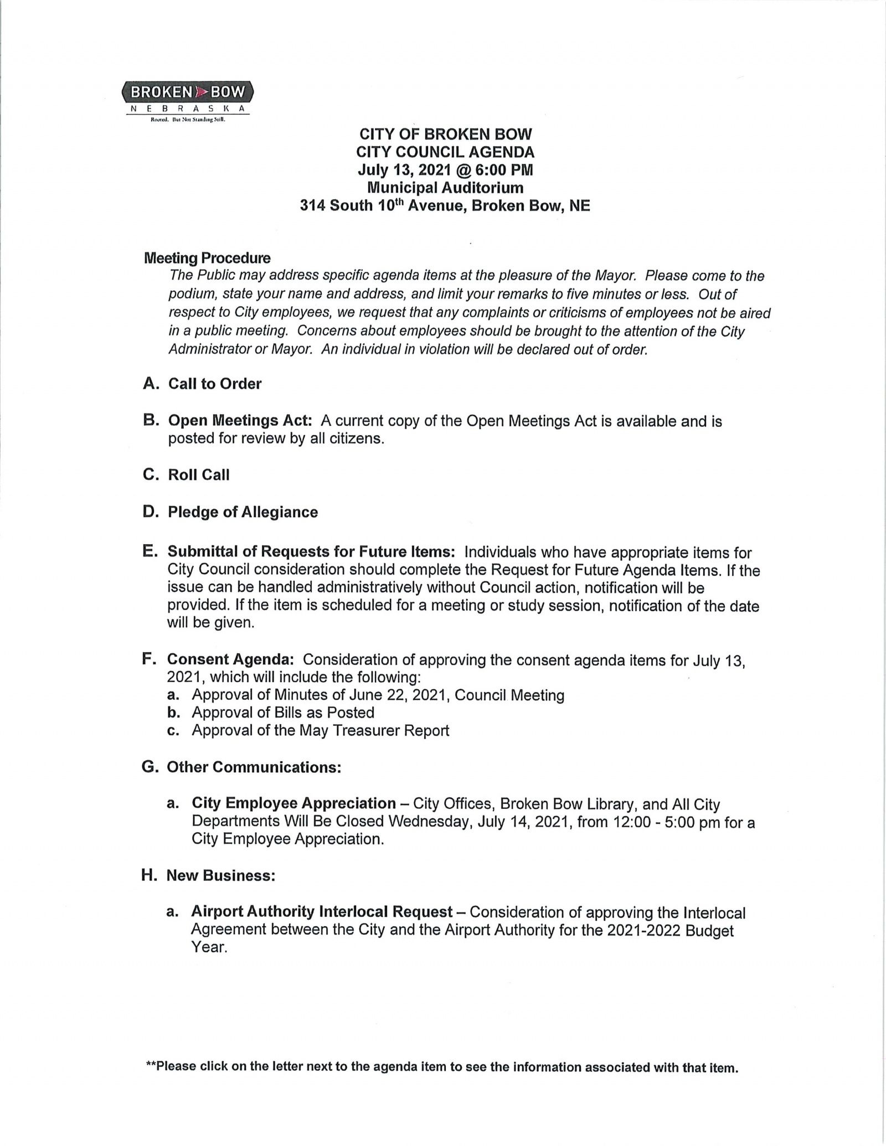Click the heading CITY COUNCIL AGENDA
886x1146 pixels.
click(445, 152)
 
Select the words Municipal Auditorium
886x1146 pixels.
click(445, 188)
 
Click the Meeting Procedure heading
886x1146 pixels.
click(207, 258)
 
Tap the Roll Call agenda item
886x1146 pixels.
click(198, 475)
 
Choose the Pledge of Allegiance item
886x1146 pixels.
click(243, 512)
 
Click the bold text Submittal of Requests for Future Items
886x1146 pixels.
click(311, 552)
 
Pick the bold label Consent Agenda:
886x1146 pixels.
click(230, 659)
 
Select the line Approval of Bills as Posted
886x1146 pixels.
click(282, 713)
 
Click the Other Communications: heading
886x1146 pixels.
click(254, 767)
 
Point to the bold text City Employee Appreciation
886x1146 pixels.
click(293, 803)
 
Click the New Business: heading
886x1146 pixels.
click(220, 876)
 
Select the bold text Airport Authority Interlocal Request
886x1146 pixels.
click(322, 912)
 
